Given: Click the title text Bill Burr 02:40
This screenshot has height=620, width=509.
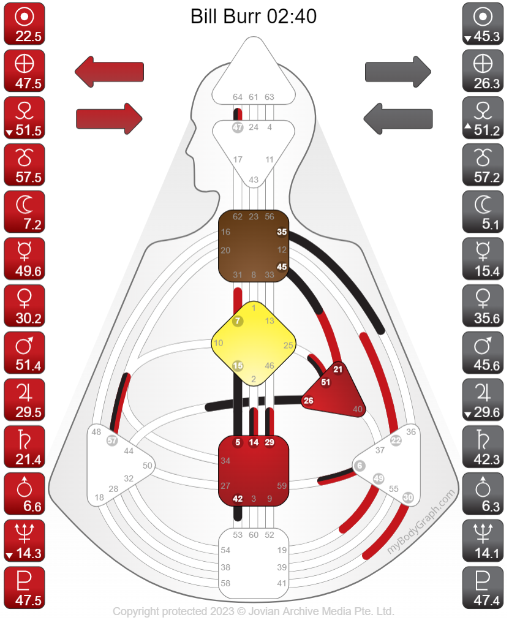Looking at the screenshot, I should (x=254, y=17).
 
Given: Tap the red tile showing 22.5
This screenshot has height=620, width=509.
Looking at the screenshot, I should (x=24, y=23).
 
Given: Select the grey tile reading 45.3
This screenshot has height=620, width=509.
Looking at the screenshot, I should (x=483, y=23).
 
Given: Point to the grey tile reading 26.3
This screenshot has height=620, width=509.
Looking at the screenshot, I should (x=483, y=70).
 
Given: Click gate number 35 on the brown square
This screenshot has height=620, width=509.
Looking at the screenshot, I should (x=282, y=232).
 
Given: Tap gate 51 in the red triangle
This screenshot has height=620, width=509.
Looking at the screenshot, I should (x=326, y=382).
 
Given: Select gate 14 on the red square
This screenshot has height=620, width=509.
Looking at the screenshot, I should (x=254, y=442).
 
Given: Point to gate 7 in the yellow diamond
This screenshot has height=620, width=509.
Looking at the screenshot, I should (x=238, y=321).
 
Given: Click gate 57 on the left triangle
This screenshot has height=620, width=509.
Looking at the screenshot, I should (x=111, y=440).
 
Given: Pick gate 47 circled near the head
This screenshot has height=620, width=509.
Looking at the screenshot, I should (x=238, y=127).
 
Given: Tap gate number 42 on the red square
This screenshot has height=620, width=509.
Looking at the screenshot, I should (x=238, y=498).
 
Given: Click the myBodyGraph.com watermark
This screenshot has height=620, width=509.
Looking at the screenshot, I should (x=422, y=522).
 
